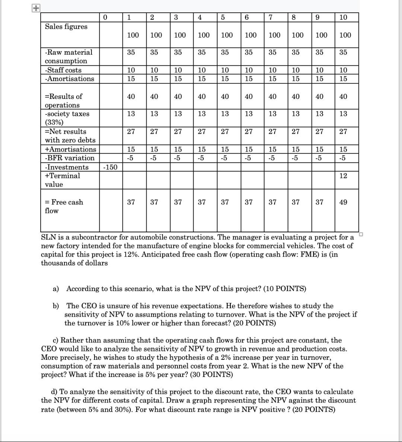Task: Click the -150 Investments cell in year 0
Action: [110, 167]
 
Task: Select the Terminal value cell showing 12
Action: [343, 176]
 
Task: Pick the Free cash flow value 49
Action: [343, 202]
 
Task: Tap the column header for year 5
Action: [223, 17]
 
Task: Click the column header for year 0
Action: [105, 17]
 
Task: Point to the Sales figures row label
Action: [66, 27]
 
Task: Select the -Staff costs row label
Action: [63, 70]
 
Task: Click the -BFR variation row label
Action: [70, 158]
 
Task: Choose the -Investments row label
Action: [67, 167]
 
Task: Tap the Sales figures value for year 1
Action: [133, 35]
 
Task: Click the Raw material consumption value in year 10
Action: [343, 52]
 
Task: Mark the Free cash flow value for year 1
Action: [131, 202]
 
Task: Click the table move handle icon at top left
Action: [35, 8]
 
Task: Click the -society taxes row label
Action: [67, 114]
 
